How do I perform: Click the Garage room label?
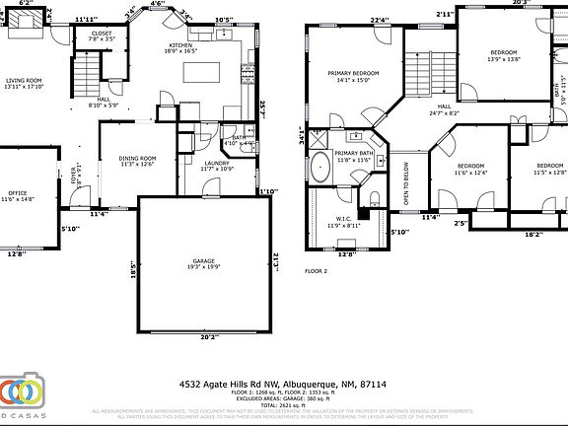[x=204, y=263]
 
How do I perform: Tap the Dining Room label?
[x=138, y=161]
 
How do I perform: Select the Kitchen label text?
[x=180, y=47]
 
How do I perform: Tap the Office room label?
[x=16, y=196]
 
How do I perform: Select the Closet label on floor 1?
[x=103, y=35]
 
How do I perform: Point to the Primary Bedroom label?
[x=353, y=77]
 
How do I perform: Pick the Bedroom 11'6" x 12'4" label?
[x=470, y=169]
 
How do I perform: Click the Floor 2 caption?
[x=315, y=270]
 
